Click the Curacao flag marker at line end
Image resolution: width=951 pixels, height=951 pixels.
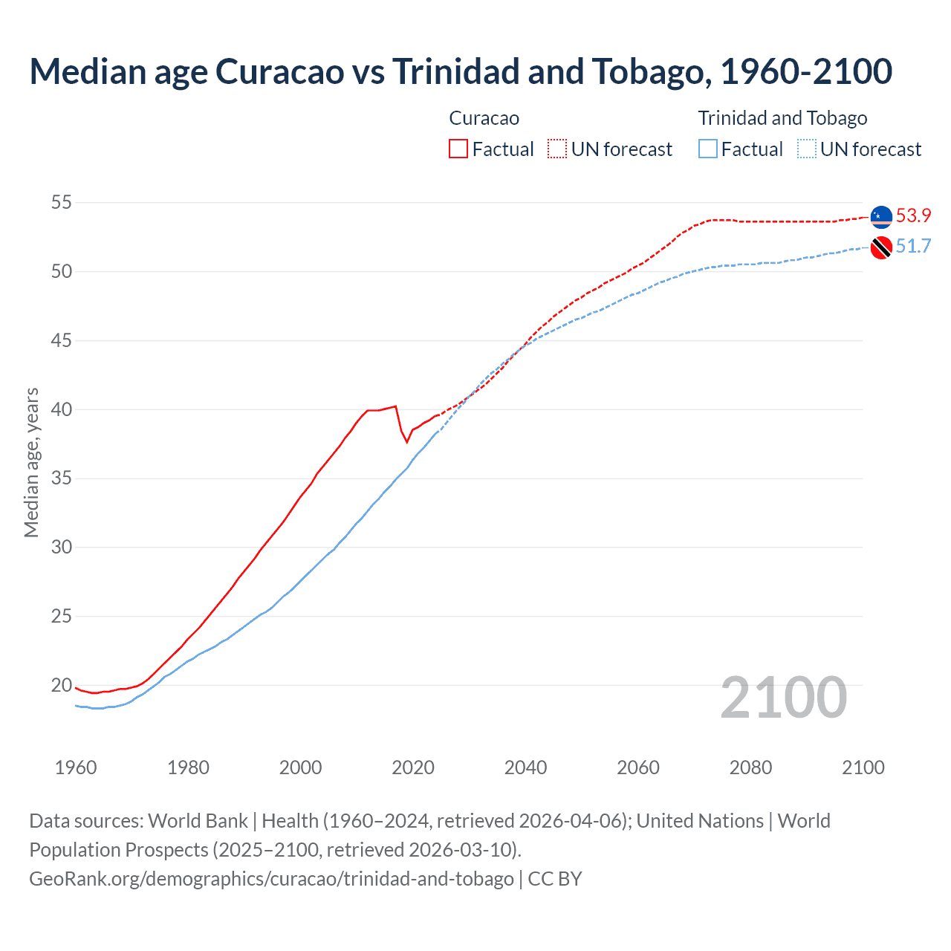pos(881,216)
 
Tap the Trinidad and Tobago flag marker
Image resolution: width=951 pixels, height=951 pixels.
pos(881,247)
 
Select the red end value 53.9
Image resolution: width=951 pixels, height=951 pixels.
pos(913,216)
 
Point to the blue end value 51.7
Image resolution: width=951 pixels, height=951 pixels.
pos(913,247)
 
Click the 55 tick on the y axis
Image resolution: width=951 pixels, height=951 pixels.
pos(62,202)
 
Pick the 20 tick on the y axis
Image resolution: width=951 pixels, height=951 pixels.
pos(62,685)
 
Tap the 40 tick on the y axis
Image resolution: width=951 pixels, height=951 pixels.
pos(62,409)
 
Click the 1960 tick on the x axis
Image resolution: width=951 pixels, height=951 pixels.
pos(76,767)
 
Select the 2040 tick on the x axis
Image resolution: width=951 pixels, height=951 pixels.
pos(525,767)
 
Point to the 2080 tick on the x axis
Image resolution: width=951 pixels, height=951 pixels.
pos(750,767)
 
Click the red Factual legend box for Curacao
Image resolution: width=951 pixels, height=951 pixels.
pos(458,149)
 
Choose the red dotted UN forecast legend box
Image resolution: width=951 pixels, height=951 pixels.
pos(557,149)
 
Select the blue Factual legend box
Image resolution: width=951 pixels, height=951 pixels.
pos(708,149)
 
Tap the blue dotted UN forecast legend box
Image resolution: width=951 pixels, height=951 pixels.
pos(807,149)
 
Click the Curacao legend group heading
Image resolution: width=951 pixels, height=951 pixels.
pos(484,118)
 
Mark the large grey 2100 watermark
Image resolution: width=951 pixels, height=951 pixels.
pos(783,697)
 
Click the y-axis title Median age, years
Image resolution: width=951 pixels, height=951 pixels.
pos(31,462)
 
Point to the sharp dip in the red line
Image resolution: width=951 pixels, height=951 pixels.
pos(406,442)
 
